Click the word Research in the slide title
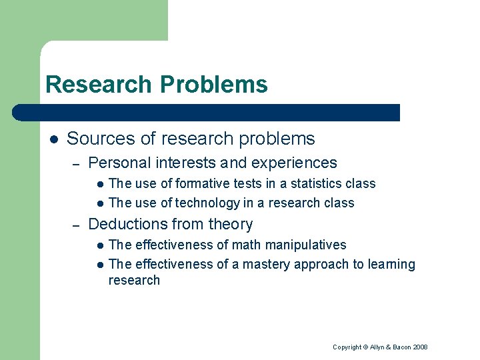click(x=99, y=85)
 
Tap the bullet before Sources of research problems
click(x=53, y=139)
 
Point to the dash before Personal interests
click(x=77, y=163)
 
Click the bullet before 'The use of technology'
click(x=99, y=203)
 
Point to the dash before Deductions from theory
click(x=77, y=225)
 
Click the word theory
click(x=231, y=224)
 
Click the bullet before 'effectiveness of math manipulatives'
click(x=99, y=245)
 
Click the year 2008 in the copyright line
click(x=419, y=347)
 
